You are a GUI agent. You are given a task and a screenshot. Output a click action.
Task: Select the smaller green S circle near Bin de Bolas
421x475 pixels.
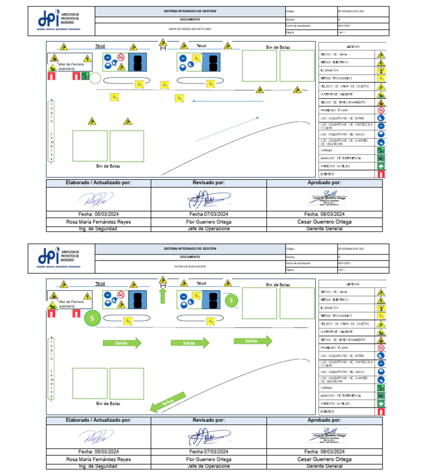click(x=231, y=300)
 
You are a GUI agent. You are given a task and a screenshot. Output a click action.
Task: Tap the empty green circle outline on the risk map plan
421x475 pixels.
click(x=95, y=78)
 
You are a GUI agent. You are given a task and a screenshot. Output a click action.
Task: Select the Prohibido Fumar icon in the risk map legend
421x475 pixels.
click(x=381, y=110)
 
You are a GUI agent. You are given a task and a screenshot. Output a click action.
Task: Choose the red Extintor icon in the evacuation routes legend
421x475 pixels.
click(x=381, y=411)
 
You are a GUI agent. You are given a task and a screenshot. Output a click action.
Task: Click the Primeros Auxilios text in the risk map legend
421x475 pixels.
click(x=335, y=166)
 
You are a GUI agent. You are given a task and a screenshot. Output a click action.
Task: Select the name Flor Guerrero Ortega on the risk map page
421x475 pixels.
click(x=208, y=222)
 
